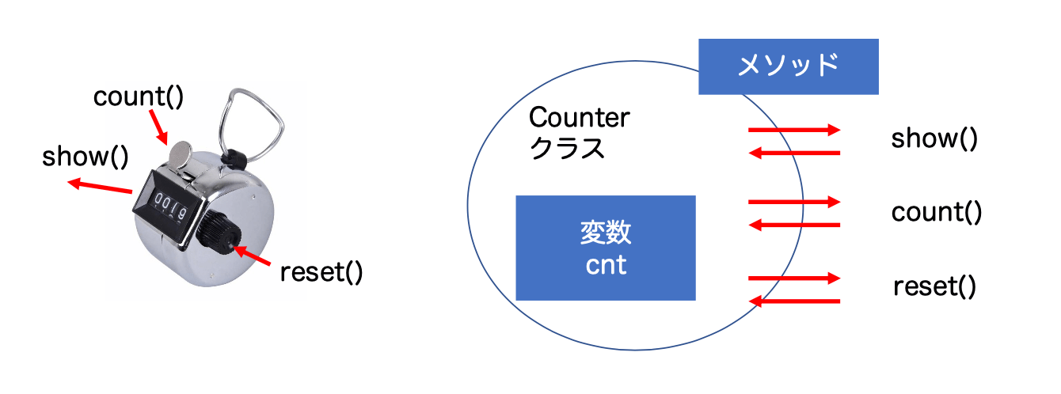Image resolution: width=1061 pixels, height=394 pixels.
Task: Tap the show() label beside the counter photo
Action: point(86,156)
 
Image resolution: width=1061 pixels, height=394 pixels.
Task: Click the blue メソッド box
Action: point(788,66)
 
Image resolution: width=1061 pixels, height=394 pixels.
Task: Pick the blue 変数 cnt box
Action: point(606,248)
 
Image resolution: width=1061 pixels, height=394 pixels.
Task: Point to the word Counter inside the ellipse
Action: point(580,118)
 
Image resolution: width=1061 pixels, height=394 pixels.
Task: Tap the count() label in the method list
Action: point(937,212)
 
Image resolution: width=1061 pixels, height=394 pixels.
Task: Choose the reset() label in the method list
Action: point(934,286)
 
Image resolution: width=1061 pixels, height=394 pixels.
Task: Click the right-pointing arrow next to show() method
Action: point(794,130)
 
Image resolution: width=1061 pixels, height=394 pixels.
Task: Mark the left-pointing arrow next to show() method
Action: point(794,153)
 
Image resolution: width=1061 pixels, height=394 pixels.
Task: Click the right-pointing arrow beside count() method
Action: point(794,203)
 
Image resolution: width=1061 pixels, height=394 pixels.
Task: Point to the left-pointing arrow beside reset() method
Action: point(794,301)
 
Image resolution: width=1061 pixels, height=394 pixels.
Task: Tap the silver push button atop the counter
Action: point(181,152)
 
